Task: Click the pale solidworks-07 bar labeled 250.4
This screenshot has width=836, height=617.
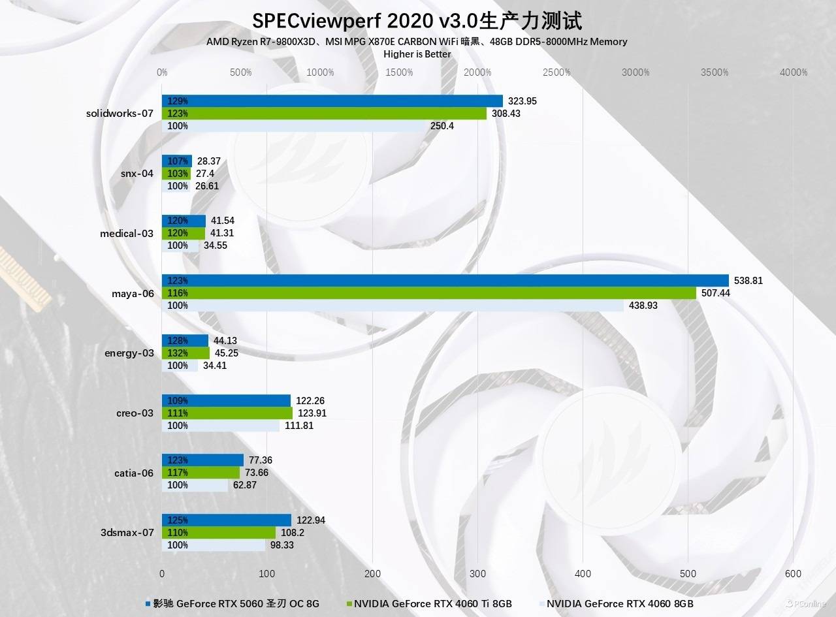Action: click(x=294, y=126)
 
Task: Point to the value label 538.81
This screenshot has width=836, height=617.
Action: click(x=748, y=281)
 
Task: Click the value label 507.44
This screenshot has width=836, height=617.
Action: click(x=716, y=293)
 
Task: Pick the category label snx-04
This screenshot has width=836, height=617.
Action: click(x=137, y=174)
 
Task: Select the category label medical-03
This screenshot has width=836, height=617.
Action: click(x=127, y=233)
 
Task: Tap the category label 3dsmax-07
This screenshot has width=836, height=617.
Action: click(x=127, y=532)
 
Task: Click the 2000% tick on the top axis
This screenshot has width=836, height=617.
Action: click(x=478, y=72)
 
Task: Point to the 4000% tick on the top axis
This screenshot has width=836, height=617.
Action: click(x=794, y=72)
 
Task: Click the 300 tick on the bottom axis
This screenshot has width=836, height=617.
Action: click(x=477, y=573)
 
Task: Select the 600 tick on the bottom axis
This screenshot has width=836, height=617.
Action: click(x=793, y=573)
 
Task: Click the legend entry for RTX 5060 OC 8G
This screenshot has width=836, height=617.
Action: click(x=234, y=604)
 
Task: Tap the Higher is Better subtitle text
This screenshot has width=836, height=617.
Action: click(x=417, y=54)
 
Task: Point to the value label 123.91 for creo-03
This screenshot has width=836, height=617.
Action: click(x=312, y=413)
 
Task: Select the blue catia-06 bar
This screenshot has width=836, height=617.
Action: click(x=202, y=460)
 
